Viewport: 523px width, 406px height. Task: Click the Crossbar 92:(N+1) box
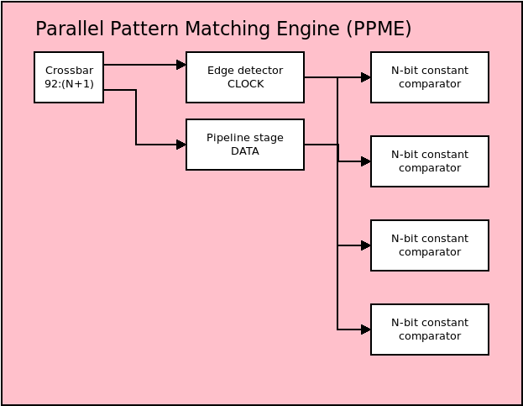tap(69, 77)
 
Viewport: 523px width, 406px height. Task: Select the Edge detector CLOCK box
tap(245, 77)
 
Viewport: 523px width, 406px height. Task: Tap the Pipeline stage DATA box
tap(245, 145)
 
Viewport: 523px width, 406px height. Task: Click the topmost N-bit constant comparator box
tap(430, 77)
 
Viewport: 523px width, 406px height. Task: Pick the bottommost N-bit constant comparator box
tap(430, 330)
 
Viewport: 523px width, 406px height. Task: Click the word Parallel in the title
tap(70, 29)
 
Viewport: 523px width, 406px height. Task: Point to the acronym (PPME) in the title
tap(379, 29)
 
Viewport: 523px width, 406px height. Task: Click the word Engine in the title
tap(308, 29)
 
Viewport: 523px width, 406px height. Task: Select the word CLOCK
tap(246, 84)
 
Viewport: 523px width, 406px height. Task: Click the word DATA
tap(245, 151)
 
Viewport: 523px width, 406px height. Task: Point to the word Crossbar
tap(70, 71)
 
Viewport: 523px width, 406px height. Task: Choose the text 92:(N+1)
tap(70, 84)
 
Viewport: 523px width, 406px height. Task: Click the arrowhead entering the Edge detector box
tap(181, 65)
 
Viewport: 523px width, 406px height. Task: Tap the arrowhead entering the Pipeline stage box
tap(181, 145)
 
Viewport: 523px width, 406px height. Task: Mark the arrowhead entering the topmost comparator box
tap(366, 77)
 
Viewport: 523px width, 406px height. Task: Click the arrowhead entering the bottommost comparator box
tap(366, 330)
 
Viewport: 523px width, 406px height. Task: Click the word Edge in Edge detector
tap(217, 71)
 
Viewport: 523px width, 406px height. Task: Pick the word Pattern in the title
tap(144, 29)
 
